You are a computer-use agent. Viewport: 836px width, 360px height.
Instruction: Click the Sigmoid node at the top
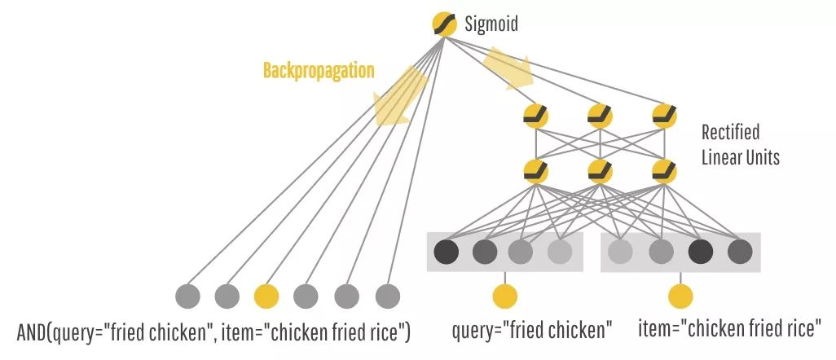tap(444, 24)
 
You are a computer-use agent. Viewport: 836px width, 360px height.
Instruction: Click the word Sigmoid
tap(491, 24)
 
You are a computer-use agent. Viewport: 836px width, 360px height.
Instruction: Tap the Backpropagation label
tap(319, 71)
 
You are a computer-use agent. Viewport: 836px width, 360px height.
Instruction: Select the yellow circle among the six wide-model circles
tap(266, 295)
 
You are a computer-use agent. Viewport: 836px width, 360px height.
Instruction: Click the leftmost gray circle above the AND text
tap(187, 295)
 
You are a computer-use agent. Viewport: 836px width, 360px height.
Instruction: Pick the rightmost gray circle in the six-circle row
tap(387, 295)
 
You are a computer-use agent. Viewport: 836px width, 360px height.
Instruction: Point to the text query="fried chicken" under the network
tap(532, 331)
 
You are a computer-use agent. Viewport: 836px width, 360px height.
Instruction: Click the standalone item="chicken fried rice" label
tap(728, 330)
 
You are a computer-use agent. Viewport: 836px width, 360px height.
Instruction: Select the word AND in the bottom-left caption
tap(33, 332)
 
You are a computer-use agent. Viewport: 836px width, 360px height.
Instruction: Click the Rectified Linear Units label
tap(740, 144)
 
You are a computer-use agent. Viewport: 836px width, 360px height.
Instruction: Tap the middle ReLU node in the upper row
tap(601, 116)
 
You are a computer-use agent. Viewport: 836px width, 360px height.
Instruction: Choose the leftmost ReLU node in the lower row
tap(536, 172)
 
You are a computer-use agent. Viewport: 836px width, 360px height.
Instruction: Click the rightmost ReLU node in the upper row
tap(664, 116)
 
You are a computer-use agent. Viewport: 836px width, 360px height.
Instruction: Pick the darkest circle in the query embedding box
tap(447, 252)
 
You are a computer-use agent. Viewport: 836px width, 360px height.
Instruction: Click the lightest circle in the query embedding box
tap(559, 252)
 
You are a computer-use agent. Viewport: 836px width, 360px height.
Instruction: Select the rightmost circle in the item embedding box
tap(739, 252)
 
